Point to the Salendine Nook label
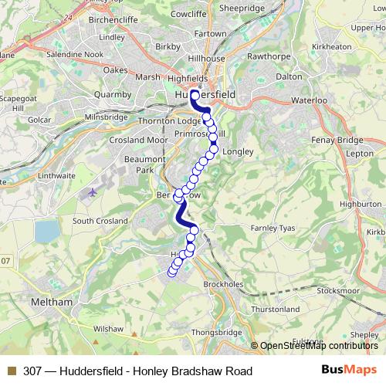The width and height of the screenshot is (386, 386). tap(74, 55)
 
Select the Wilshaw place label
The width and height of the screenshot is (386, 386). tap(108, 329)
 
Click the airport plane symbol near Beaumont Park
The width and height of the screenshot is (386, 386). tap(93, 191)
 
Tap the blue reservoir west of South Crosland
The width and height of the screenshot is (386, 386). tap(46, 230)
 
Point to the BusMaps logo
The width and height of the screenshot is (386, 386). tap(349, 371)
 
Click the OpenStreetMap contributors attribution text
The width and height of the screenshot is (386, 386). tap(319, 346)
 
